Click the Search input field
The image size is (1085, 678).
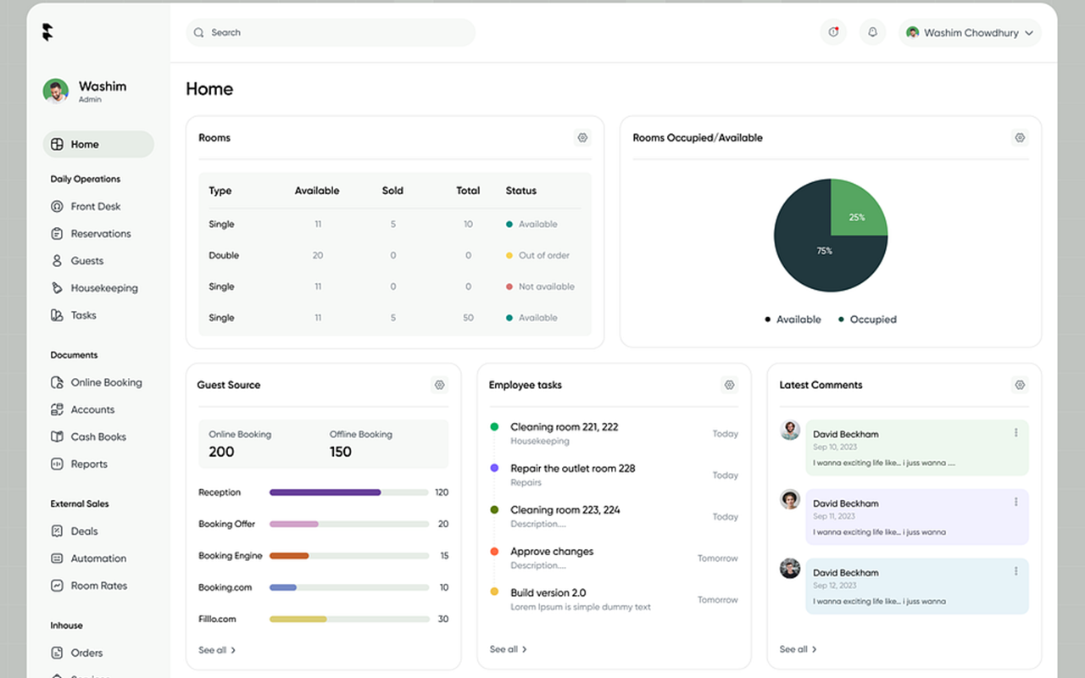[331, 33]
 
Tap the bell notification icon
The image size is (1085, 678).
[872, 33]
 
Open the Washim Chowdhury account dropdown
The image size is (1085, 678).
[970, 33]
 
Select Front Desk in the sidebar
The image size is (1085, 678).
[95, 207]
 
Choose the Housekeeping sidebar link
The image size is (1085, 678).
[103, 288]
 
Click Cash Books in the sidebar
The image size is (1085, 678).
[97, 437]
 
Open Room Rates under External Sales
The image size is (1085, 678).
[98, 586]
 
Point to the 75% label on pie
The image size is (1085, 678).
[824, 251]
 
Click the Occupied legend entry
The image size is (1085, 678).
[872, 320]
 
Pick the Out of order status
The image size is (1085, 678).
[543, 255]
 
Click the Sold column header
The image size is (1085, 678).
[392, 191]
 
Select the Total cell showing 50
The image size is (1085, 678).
[468, 318]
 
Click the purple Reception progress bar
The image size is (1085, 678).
[325, 492]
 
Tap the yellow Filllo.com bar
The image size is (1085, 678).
[298, 620]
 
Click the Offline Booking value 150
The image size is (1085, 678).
[341, 452]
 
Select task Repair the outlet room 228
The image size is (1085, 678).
[572, 469]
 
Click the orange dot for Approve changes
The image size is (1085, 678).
[494, 552]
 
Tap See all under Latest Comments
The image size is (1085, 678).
[798, 649]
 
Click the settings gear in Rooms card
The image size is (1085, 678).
[582, 138]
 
